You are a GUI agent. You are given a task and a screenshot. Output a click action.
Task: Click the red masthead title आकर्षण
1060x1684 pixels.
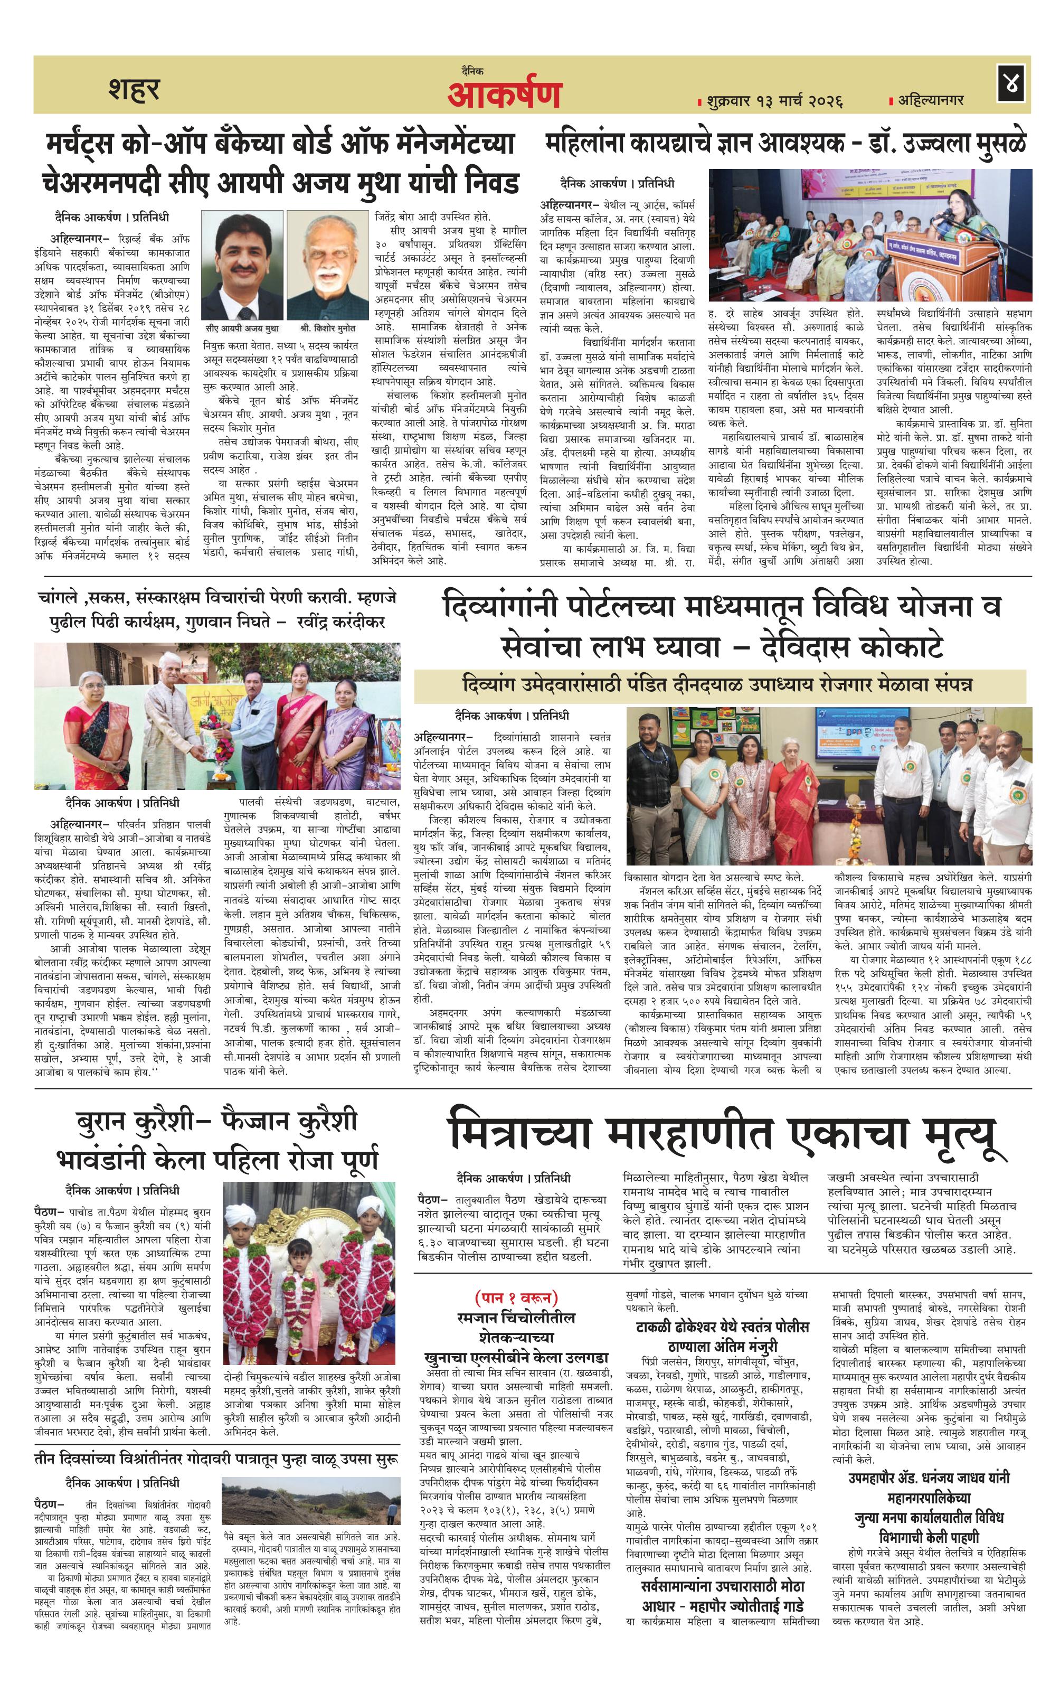504,95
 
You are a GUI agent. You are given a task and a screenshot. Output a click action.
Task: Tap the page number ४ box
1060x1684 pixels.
1012,84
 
